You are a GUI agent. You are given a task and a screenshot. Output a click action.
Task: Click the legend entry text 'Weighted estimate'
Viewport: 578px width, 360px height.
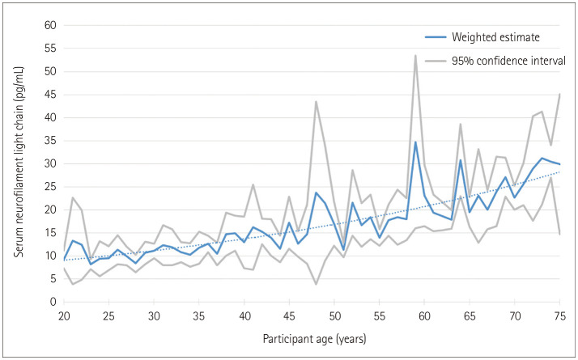(495, 37)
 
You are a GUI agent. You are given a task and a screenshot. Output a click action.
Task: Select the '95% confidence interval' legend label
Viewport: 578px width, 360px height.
(508, 61)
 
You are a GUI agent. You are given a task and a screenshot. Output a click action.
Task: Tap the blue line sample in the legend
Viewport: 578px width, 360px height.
(436, 37)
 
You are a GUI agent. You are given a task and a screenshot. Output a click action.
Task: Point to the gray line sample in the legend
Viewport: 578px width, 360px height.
(436, 61)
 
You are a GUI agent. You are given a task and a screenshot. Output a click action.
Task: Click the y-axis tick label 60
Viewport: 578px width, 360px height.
(50, 25)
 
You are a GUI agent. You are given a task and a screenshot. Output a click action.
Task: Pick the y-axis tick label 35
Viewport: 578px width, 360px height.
(50, 141)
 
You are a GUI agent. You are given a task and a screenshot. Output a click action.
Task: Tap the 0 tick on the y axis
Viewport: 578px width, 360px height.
(53, 302)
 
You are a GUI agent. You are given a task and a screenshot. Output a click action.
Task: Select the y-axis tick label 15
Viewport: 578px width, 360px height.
(50, 233)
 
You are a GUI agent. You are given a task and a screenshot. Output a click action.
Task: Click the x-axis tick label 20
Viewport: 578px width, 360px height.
(64, 316)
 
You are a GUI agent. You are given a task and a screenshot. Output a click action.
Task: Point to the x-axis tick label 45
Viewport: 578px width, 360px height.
(289, 316)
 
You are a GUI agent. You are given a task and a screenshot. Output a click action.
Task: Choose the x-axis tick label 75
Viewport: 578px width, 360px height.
(559, 316)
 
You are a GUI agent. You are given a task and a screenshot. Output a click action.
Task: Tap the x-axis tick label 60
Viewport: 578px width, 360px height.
(424, 316)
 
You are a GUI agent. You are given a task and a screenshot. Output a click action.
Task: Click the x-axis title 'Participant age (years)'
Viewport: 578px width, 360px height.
(314, 339)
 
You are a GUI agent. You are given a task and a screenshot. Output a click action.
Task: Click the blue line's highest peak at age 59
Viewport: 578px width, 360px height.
(415, 142)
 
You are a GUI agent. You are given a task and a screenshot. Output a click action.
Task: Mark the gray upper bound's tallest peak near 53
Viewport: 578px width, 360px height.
(415, 56)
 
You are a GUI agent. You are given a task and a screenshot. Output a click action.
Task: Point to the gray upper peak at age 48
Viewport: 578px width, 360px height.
(316, 102)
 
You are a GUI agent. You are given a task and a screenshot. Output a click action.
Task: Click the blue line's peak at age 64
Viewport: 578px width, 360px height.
(461, 160)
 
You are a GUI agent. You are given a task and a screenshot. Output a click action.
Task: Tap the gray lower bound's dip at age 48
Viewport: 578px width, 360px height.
(316, 284)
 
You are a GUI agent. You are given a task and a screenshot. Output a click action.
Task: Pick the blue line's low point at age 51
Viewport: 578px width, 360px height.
(343, 250)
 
